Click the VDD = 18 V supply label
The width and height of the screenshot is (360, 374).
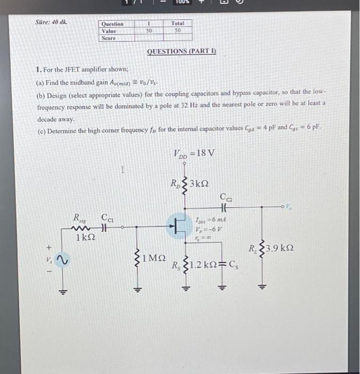coord(194,153)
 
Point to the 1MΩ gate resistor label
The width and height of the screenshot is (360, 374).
coord(155,259)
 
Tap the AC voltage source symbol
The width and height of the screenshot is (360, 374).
coord(60,260)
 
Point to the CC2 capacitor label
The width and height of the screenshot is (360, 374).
coord(225,198)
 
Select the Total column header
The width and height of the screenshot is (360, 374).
coord(178,24)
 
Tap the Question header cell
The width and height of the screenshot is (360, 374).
coord(112,24)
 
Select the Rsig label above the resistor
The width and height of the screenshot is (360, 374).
coord(80,217)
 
